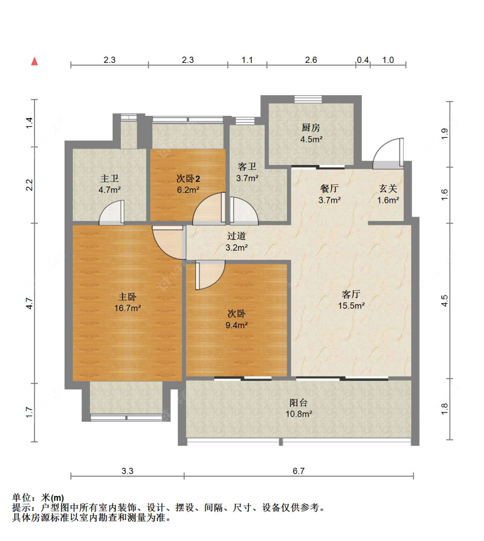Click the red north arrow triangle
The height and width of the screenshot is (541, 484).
click(34, 62)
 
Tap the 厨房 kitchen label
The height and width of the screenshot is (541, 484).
click(311, 127)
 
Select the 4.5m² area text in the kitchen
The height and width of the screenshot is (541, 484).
click(311, 139)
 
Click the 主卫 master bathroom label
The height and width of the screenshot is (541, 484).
click(109, 178)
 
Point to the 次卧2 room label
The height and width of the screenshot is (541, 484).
click(188, 178)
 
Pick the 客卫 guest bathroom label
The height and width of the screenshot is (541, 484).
click(247, 167)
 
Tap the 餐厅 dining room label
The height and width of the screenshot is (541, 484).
click(329, 188)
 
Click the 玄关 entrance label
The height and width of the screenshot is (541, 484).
click(388, 188)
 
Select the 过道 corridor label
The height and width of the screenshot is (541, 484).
click(236, 236)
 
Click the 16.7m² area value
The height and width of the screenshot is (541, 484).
click(127, 308)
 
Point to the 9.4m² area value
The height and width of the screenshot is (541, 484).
click(236, 325)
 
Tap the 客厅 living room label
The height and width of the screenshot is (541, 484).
click(351, 294)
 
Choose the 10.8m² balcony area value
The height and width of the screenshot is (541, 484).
click(299, 414)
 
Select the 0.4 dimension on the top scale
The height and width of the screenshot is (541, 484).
click(363, 60)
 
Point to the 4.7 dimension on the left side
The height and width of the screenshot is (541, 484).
click(29, 303)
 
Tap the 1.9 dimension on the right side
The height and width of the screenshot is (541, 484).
click(444, 134)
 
